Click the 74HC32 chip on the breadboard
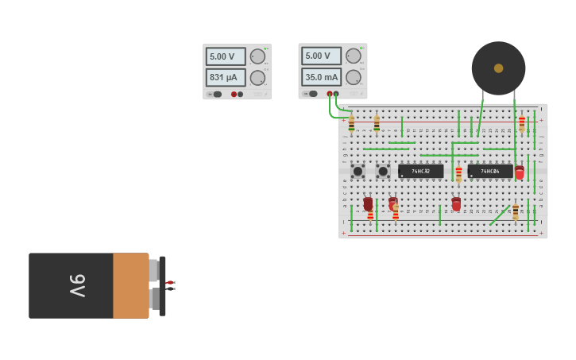pos(420,171)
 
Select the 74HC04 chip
pos(489,171)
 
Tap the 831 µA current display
pos(226,77)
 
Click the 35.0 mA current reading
pos(321,77)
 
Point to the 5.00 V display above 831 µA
pos(226,56)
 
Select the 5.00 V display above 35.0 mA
pos(321,56)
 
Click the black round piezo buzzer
pos(498,68)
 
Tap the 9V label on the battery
pos(77,285)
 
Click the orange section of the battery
pos(130,285)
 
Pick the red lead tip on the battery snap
pos(170,282)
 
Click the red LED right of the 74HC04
pos(520,172)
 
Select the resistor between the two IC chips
pos(458,173)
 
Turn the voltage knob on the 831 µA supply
pos(257,56)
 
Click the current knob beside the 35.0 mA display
pos(353,77)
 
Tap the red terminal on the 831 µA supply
pos(234,94)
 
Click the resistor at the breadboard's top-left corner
pos(351,123)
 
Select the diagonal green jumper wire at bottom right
pos(500,215)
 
